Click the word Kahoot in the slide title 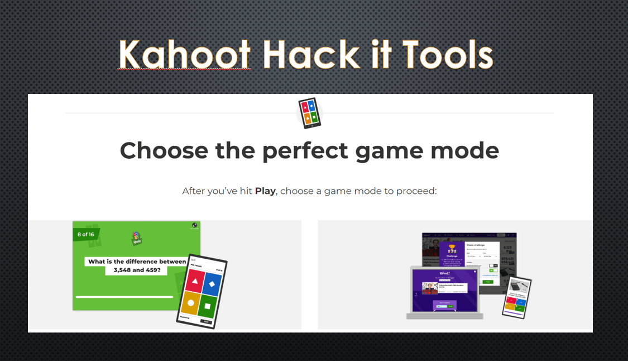point(184,55)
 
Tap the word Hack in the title point(311,55)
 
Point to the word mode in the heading point(465,151)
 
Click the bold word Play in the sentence point(265,191)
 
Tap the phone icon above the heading point(309,113)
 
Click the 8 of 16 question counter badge point(86,234)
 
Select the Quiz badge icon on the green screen point(136,238)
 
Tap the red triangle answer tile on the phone point(194,284)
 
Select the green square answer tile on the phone point(207,306)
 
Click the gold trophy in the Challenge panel point(452,248)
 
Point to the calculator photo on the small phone point(516,286)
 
